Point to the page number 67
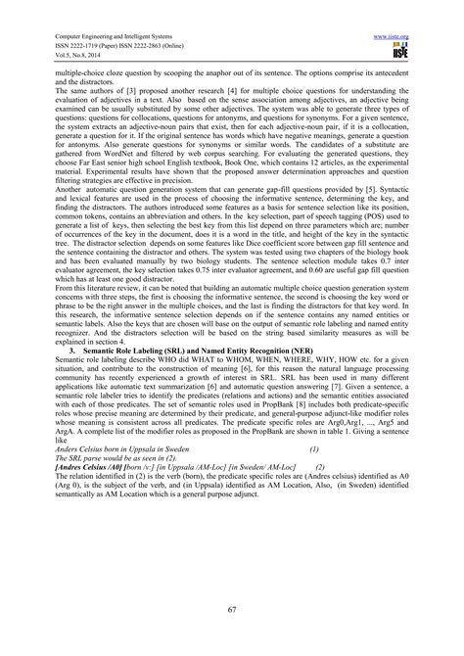click(x=232, y=610)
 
